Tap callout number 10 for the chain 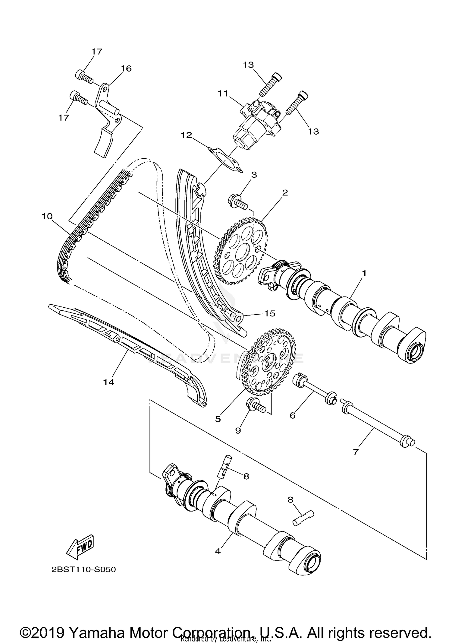point(47,216)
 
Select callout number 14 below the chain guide point(109,382)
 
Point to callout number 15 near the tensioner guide point(270,314)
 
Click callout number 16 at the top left point(126,68)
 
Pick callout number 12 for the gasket point(187,135)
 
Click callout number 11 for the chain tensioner point(223,94)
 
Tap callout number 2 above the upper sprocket point(285,192)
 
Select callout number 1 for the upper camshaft point(364,273)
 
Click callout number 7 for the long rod point(356,452)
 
